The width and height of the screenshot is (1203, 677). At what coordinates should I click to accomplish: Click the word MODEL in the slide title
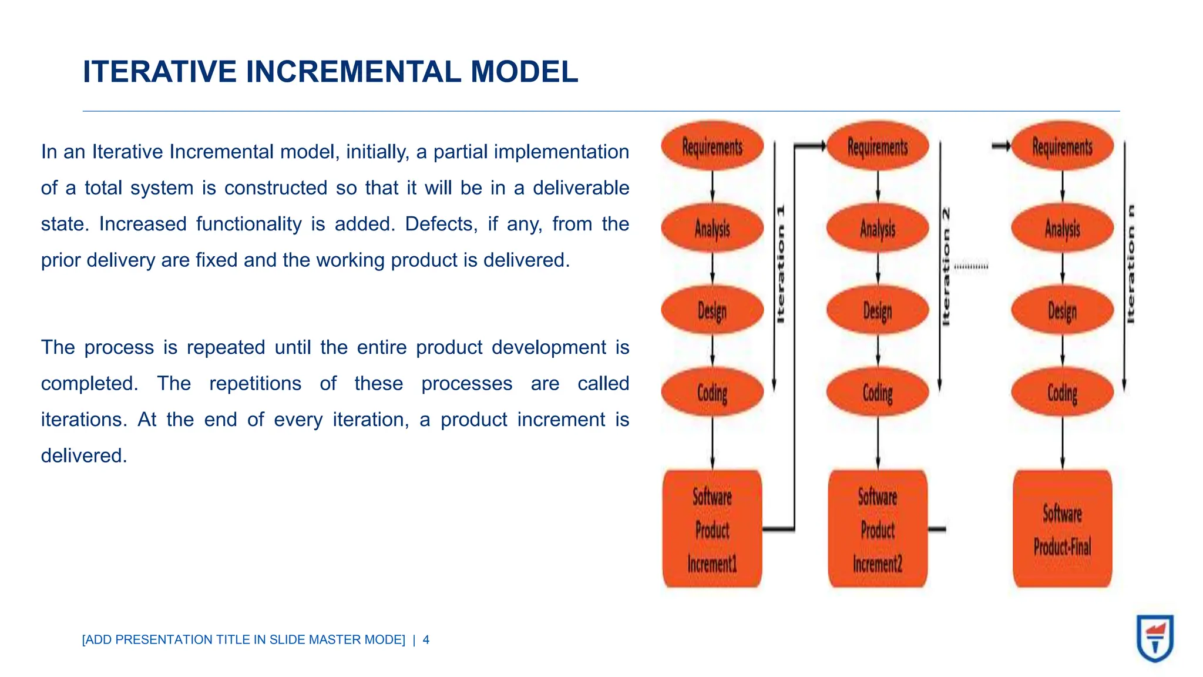click(x=524, y=72)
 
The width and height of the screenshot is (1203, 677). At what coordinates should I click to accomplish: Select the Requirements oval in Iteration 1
click(x=712, y=146)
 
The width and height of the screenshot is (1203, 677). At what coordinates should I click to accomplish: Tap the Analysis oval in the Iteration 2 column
click(x=878, y=228)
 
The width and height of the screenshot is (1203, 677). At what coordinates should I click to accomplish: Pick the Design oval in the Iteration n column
click(x=1062, y=310)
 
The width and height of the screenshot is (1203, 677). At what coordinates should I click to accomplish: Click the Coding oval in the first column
click(x=712, y=392)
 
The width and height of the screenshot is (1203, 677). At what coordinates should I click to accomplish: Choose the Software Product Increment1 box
click(x=712, y=529)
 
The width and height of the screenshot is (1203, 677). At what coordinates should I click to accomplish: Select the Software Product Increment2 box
click(x=878, y=529)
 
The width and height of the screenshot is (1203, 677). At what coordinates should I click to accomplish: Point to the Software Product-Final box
click(x=1062, y=529)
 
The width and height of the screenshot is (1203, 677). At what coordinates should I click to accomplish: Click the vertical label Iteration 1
click(x=781, y=264)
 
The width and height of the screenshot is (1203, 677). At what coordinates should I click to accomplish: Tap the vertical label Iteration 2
click(x=946, y=266)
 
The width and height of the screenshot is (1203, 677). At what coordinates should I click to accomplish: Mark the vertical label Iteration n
click(x=1131, y=264)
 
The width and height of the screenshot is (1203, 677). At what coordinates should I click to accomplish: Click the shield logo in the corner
click(x=1155, y=638)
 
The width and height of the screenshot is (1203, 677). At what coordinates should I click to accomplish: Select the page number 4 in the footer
click(x=426, y=640)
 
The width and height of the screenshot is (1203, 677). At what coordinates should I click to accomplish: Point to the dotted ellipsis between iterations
click(x=971, y=267)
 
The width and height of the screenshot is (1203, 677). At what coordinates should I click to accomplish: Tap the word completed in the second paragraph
click(x=89, y=383)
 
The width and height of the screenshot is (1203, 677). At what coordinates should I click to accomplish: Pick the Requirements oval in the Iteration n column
click(x=1062, y=146)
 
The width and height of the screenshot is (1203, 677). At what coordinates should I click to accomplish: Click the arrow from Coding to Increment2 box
click(x=878, y=442)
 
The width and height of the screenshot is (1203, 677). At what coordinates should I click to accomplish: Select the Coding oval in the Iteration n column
click(x=1062, y=392)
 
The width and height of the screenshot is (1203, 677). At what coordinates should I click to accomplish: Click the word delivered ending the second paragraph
click(x=83, y=455)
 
